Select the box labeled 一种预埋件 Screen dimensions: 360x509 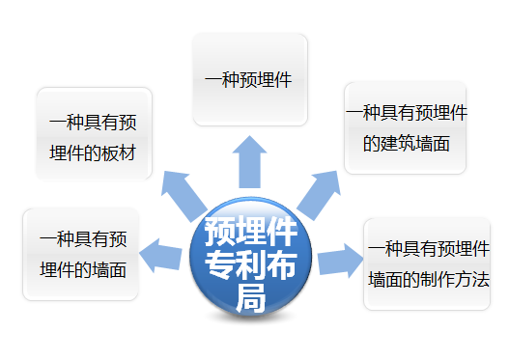click(x=250, y=80)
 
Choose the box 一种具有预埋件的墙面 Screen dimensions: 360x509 click(x=82, y=253)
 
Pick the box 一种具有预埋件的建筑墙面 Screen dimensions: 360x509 click(x=406, y=127)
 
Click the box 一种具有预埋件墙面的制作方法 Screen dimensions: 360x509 click(x=428, y=263)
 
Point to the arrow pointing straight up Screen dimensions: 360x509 click(x=251, y=160)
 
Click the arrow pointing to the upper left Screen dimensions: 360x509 click(x=183, y=193)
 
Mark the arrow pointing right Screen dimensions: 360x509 click(x=339, y=260)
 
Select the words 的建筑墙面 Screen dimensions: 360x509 click(x=407, y=143)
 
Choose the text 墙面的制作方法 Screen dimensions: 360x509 click(x=429, y=279)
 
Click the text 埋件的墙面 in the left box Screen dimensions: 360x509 click(x=82, y=269)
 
